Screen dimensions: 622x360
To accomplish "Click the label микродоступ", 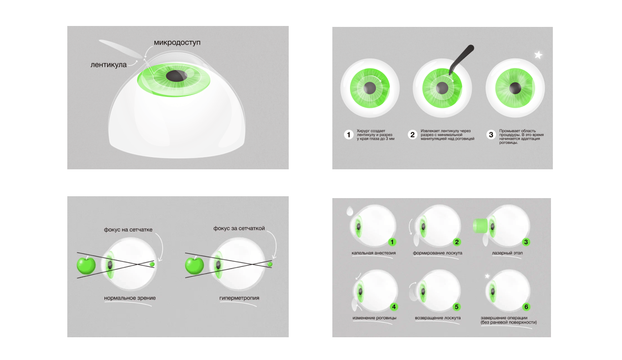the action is [x=177, y=43].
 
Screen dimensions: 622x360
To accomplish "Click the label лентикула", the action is [x=109, y=64].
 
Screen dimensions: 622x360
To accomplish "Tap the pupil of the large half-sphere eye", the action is [x=176, y=76].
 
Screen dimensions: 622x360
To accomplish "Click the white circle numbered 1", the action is [x=349, y=135].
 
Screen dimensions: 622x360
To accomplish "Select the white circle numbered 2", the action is [x=412, y=135].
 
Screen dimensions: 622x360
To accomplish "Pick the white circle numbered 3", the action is [x=491, y=135].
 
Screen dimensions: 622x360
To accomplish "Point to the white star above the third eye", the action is [x=538, y=55].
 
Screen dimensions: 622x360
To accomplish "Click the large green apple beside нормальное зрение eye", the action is [x=86, y=265].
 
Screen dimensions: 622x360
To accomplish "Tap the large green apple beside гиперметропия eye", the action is [x=194, y=265].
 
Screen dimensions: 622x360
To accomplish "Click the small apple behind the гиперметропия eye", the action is [x=270, y=264].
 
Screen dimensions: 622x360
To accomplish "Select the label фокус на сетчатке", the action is [x=128, y=230].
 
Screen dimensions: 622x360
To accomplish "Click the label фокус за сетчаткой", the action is [x=239, y=228].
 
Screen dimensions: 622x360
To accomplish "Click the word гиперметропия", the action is [x=239, y=298].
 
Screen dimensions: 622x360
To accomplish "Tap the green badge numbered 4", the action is [x=394, y=307].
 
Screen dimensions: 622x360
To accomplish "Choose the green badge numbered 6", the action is [x=526, y=307].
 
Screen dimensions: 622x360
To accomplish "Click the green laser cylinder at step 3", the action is [x=480, y=225].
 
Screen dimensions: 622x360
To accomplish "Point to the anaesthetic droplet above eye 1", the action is [x=350, y=211].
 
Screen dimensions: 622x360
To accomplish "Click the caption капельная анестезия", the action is [x=374, y=253].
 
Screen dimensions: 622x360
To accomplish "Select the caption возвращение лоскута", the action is [x=438, y=317].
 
